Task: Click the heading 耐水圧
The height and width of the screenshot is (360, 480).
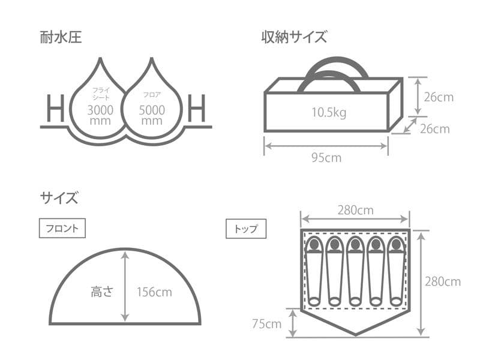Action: [x=61, y=38]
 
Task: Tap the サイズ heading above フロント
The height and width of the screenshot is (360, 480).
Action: [x=59, y=197]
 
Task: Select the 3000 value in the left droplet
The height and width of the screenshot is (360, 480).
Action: [x=100, y=110]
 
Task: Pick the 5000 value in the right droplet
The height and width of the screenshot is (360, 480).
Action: [x=151, y=110]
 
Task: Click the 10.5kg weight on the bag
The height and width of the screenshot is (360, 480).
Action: [x=329, y=112]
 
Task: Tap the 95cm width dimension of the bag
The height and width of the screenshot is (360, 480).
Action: [x=326, y=158]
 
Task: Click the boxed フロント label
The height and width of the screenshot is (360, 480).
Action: [x=62, y=229]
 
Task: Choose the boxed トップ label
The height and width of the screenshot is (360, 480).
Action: [x=246, y=229]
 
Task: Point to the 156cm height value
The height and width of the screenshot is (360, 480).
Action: [x=154, y=292]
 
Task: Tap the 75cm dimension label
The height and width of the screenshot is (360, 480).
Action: [x=266, y=324]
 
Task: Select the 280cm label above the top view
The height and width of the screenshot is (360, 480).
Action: [x=355, y=210]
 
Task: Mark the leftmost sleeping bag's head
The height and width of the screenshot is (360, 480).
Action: [x=314, y=245]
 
